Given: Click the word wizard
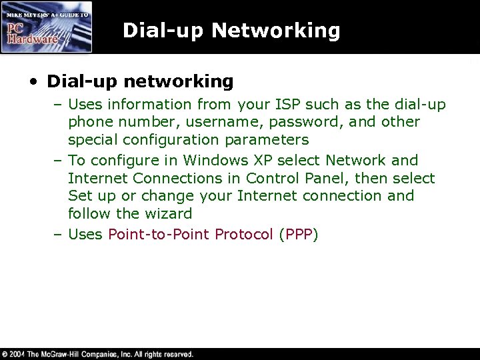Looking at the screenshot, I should pyautogui.click(x=170, y=214).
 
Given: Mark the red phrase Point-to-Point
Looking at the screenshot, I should pyautogui.click(x=157, y=234).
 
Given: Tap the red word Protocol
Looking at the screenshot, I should pyautogui.click(x=243, y=235).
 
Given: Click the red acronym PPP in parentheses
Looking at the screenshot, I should pyautogui.click(x=299, y=235).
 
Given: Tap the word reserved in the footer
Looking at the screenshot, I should pyautogui.click(x=175, y=354).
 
